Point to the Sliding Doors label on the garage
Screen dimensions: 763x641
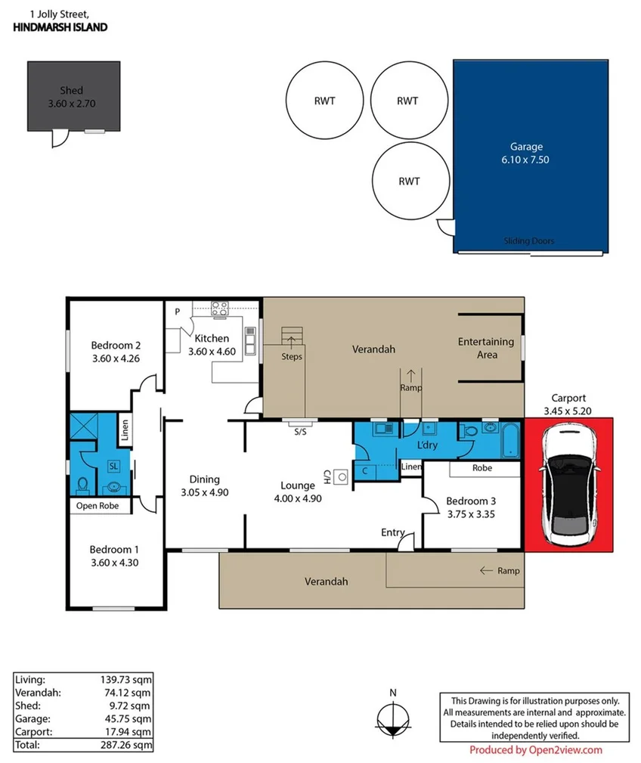tap(528, 241)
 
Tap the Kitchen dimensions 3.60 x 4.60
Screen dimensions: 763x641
tap(212, 352)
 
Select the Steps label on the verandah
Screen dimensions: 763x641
tap(291, 356)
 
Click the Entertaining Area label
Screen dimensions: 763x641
tap(486, 348)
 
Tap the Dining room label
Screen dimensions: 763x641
tap(204, 479)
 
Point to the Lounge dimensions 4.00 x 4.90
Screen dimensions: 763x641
tap(298, 498)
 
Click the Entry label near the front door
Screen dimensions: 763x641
tap(393, 532)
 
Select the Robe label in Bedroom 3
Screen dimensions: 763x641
tap(482, 468)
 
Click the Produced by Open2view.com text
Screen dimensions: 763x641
tap(535, 750)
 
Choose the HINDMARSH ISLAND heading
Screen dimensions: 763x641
tap(60, 27)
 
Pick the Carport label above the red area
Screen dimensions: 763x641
tap(568, 398)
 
